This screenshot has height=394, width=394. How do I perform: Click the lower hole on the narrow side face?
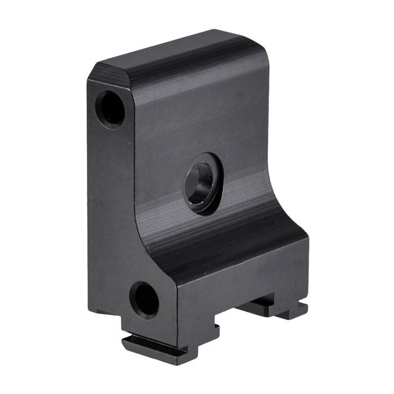tap(144, 299)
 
